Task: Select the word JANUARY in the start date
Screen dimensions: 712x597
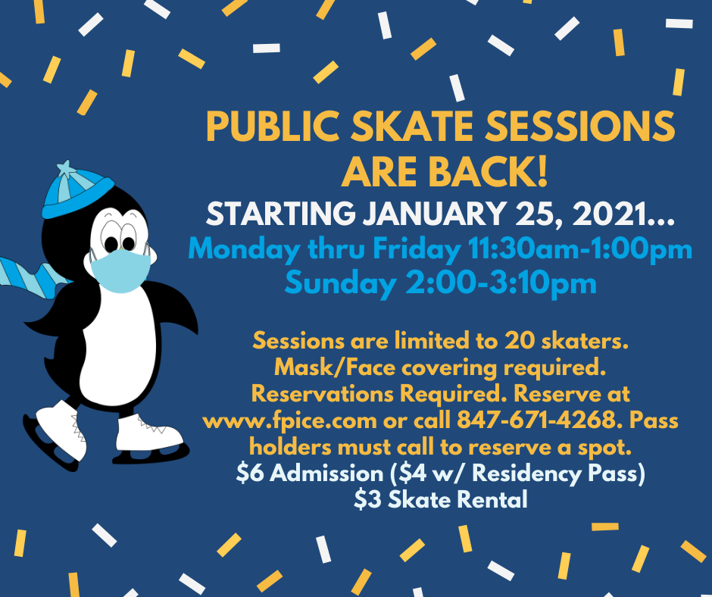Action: click(x=435, y=213)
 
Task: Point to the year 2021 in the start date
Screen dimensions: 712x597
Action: click(x=609, y=213)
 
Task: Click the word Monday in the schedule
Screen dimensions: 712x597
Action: click(x=245, y=249)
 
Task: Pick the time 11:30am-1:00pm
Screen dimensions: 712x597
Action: click(x=580, y=249)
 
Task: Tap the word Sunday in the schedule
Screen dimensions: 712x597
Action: click(x=341, y=283)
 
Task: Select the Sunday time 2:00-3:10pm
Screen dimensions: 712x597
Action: click(x=501, y=283)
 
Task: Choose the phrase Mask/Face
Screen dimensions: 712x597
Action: click(x=335, y=367)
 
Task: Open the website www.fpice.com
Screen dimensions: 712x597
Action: click(x=289, y=420)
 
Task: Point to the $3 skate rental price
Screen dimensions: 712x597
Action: click(x=368, y=499)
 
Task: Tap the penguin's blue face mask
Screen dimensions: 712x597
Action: click(x=120, y=270)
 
